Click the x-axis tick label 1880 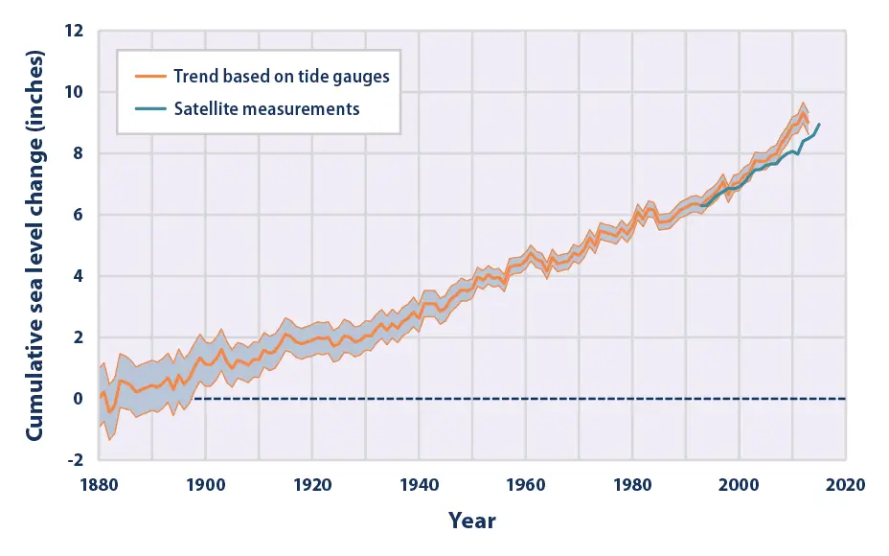point(98,484)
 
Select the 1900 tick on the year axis point(205,484)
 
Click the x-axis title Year point(472,521)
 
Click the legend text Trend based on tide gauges point(281,77)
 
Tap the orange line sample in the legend point(148,77)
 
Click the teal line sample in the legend point(148,108)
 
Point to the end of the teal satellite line point(819,125)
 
